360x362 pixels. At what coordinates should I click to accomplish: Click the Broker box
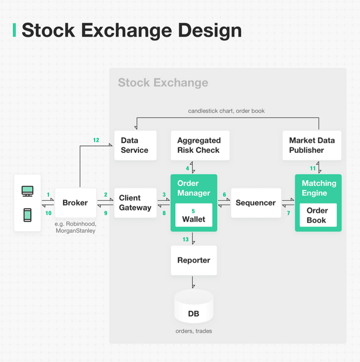tap(75, 203)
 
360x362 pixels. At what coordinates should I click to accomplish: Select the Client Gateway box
tap(135, 203)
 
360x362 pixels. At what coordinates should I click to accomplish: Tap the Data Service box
tap(135, 145)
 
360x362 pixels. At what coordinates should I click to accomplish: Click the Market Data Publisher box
tap(312, 145)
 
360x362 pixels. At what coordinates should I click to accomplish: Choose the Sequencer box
tap(256, 203)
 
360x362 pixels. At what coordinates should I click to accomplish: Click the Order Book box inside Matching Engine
tap(317, 215)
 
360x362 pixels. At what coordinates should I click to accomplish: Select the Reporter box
tap(193, 260)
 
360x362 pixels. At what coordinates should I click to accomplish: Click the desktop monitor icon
tap(28, 191)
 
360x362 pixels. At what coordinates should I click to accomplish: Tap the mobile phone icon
tap(28, 215)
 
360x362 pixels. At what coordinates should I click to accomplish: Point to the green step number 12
tap(96, 140)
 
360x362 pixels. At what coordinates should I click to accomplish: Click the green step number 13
tap(186, 239)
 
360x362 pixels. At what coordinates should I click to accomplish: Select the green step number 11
tap(312, 168)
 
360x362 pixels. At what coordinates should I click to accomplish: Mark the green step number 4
tap(188, 168)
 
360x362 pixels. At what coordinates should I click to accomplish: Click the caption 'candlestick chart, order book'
tap(226, 111)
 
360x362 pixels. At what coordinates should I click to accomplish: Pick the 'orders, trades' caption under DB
tap(193, 331)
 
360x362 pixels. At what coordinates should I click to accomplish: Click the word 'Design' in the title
tap(208, 30)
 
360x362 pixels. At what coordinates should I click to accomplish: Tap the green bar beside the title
tap(14, 30)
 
